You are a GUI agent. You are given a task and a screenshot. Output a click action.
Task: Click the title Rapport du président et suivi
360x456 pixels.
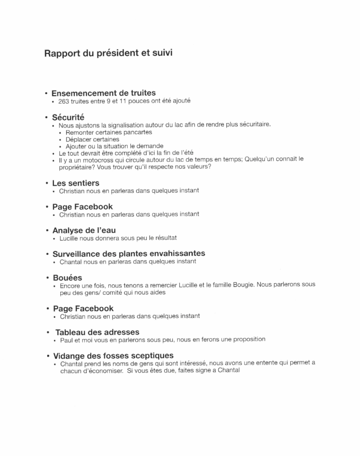click(108, 53)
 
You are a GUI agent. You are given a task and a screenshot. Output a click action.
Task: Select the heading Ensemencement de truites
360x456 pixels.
click(103, 93)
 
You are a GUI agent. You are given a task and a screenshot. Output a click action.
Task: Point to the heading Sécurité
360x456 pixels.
click(68, 118)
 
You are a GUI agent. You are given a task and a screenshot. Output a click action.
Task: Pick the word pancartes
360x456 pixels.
click(137, 132)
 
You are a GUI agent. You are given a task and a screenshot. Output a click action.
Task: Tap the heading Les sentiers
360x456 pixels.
click(75, 183)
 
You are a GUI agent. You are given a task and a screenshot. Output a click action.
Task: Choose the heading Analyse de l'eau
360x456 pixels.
click(84, 230)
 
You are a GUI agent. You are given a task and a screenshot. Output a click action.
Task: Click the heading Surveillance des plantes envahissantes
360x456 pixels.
click(128, 254)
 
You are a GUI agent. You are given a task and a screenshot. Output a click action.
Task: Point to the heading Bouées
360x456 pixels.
click(67, 278)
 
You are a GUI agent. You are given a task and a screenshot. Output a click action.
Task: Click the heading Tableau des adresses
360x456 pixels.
click(97, 332)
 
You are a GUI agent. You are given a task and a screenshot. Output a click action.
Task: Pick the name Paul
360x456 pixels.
click(66, 340)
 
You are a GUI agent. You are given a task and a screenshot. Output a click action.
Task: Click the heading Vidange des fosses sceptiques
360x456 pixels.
click(113, 356)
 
